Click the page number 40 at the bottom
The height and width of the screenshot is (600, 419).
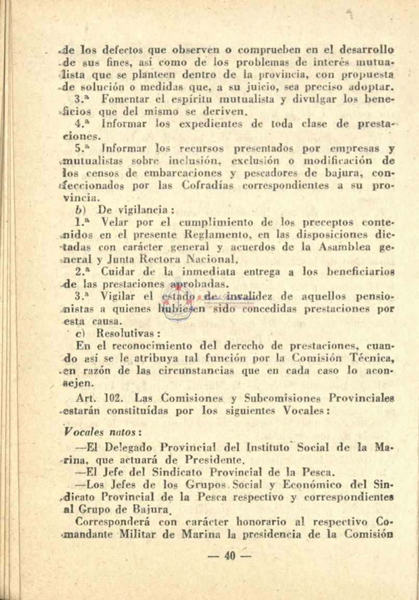click(230, 556)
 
